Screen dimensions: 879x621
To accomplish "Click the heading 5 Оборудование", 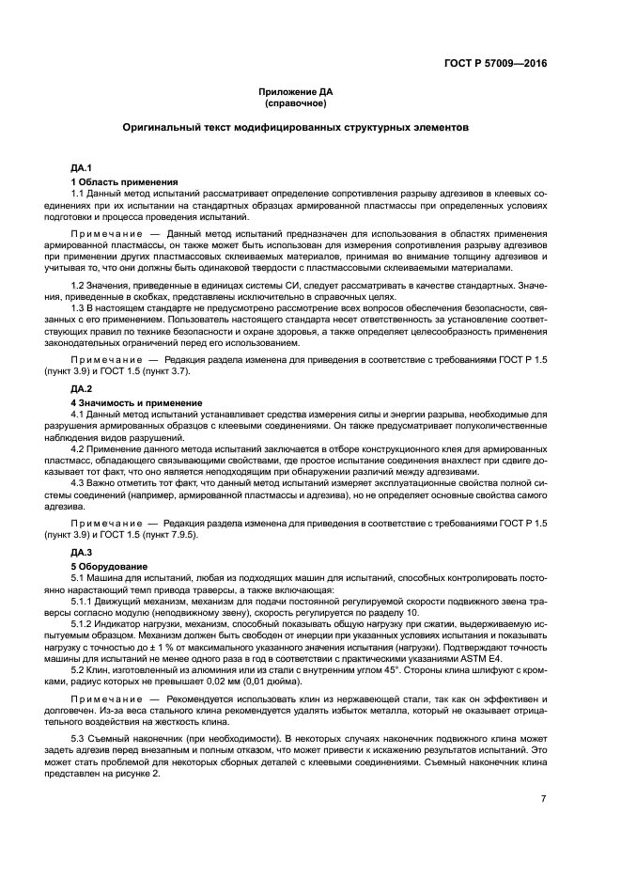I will coord(109,565).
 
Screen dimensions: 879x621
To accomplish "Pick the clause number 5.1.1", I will coord(83,599).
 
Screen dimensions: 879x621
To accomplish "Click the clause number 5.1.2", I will coord(83,620).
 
